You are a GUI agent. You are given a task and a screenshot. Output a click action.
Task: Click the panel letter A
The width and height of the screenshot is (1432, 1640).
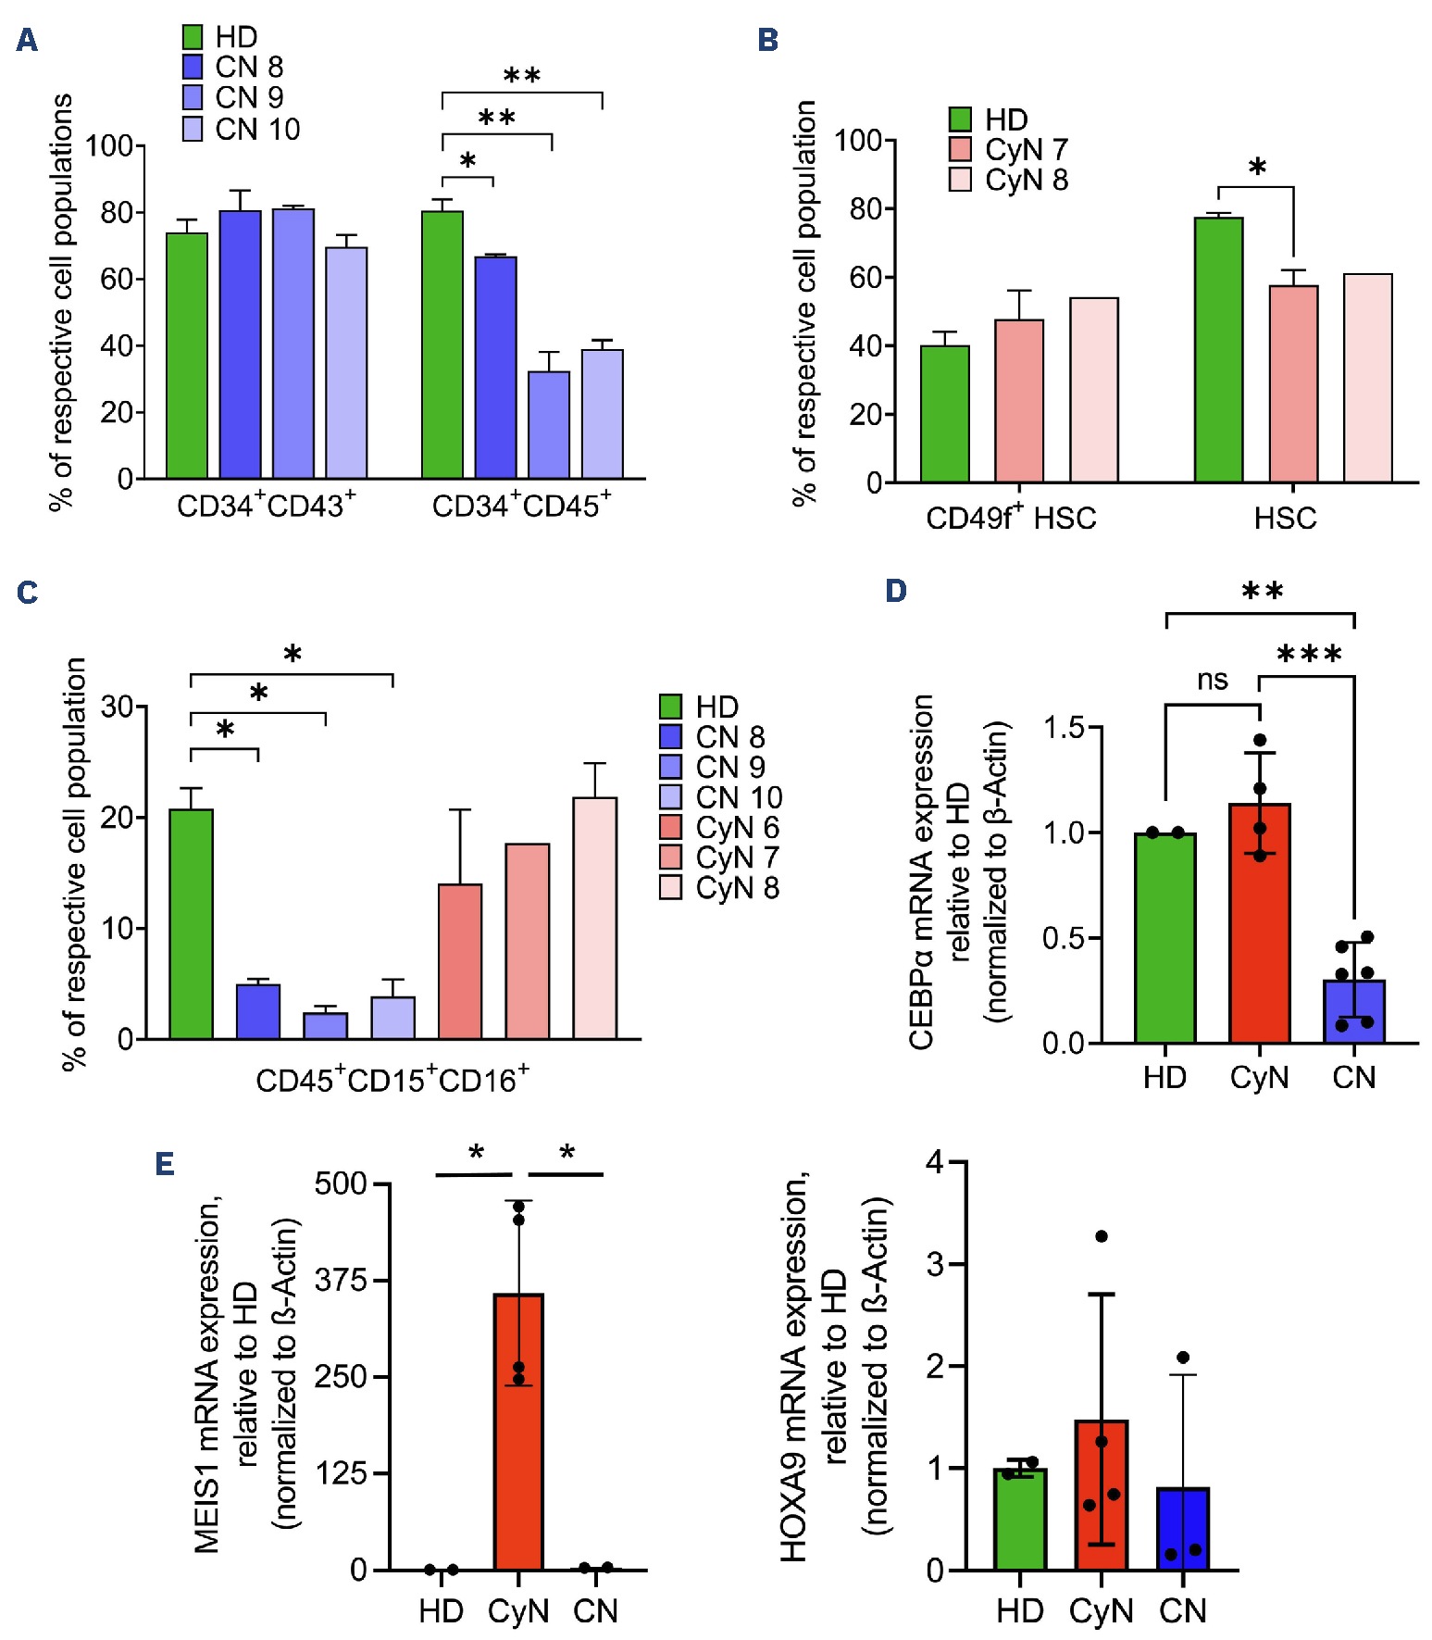(x=27, y=41)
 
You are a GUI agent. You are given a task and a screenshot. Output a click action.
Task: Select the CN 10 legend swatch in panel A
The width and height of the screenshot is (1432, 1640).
(x=193, y=130)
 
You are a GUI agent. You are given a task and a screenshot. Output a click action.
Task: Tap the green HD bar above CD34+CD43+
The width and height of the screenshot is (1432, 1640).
(x=187, y=356)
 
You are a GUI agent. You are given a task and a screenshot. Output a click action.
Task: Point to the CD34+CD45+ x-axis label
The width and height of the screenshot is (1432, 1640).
(x=521, y=506)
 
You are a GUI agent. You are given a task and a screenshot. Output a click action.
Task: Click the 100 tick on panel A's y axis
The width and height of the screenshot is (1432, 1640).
(x=109, y=145)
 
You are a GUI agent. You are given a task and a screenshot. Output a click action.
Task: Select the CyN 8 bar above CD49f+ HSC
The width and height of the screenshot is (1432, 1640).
(x=1093, y=390)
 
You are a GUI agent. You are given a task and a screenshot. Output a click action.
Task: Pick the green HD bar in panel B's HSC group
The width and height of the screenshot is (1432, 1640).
(x=1218, y=350)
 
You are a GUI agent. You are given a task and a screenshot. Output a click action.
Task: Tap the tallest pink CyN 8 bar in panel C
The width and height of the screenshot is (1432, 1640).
(x=594, y=918)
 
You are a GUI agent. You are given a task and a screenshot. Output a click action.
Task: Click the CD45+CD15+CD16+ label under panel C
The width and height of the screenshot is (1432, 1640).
(x=392, y=1080)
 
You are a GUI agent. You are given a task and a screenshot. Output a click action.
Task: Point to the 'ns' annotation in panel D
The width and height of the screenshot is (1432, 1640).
(x=1212, y=681)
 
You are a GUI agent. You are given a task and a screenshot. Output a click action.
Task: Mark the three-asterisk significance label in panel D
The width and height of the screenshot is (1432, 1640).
(x=1309, y=656)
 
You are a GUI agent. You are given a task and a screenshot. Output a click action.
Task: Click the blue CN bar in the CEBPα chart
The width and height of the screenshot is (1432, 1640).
(x=1353, y=1011)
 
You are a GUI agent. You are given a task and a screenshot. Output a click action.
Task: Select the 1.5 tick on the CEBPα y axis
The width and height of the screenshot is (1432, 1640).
(x=1064, y=728)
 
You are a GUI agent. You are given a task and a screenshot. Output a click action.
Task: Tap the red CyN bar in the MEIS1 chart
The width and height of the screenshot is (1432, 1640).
(x=518, y=1431)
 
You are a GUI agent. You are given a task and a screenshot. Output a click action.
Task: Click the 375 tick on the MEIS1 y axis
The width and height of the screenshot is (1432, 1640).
(x=341, y=1281)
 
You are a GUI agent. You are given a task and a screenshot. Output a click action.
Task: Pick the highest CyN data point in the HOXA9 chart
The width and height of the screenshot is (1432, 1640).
(x=1102, y=1236)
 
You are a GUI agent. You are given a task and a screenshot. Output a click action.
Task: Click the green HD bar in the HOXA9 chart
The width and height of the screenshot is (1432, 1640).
(x=1020, y=1519)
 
